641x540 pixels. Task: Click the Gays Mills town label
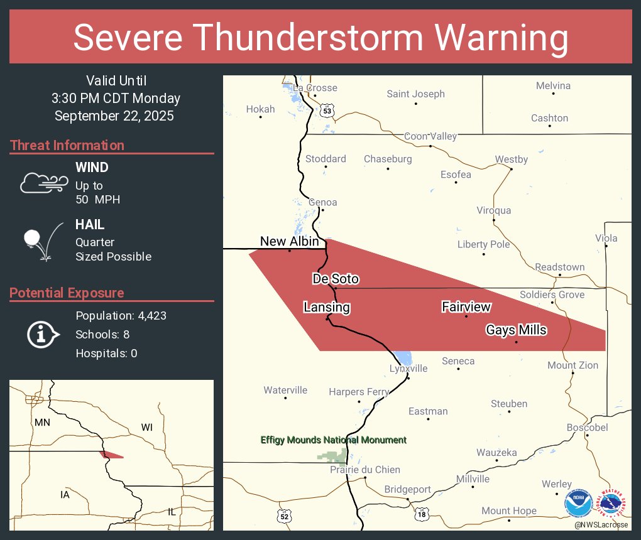[516, 330]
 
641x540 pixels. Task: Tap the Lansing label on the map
[327, 308]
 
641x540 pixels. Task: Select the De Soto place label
[336, 279]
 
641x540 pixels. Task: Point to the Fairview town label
[466, 307]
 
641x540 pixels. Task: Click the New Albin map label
[289, 242]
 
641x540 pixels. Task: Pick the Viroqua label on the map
[493, 210]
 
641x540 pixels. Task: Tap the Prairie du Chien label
[365, 470]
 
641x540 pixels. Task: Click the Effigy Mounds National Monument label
[334, 440]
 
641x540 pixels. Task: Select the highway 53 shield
[326, 111]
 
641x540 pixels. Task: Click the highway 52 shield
[285, 516]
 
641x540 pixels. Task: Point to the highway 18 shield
[420, 514]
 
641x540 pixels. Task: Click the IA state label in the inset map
[65, 495]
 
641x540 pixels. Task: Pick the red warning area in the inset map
[111, 455]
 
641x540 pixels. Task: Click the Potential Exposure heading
[67, 293]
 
